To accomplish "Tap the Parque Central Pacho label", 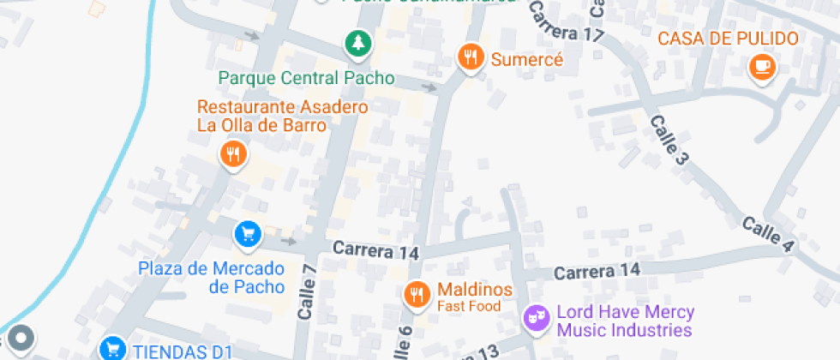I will (x=306, y=78).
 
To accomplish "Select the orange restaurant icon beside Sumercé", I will (x=469, y=58).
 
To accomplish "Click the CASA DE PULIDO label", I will (x=728, y=39).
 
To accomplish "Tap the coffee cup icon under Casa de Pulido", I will (x=760, y=66).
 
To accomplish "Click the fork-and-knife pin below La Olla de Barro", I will (x=232, y=155).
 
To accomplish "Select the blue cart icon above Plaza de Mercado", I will (x=248, y=233).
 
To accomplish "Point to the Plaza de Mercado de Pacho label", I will (x=210, y=277).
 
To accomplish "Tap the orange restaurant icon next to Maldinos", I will (x=417, y=295).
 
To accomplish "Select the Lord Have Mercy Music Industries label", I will (x=625, y=321).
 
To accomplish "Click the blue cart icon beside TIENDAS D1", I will (x=111, y=348).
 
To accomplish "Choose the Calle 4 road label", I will (x=767, y=234).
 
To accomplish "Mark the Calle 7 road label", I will (x=308, y=291).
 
